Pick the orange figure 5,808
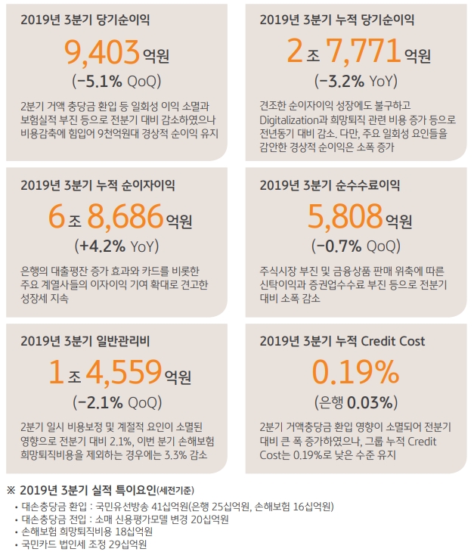[x=345, y=219]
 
